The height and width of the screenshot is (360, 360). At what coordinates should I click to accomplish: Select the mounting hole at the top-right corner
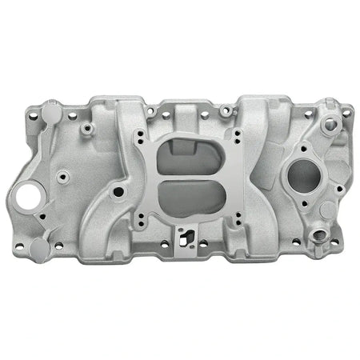[345, 113]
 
